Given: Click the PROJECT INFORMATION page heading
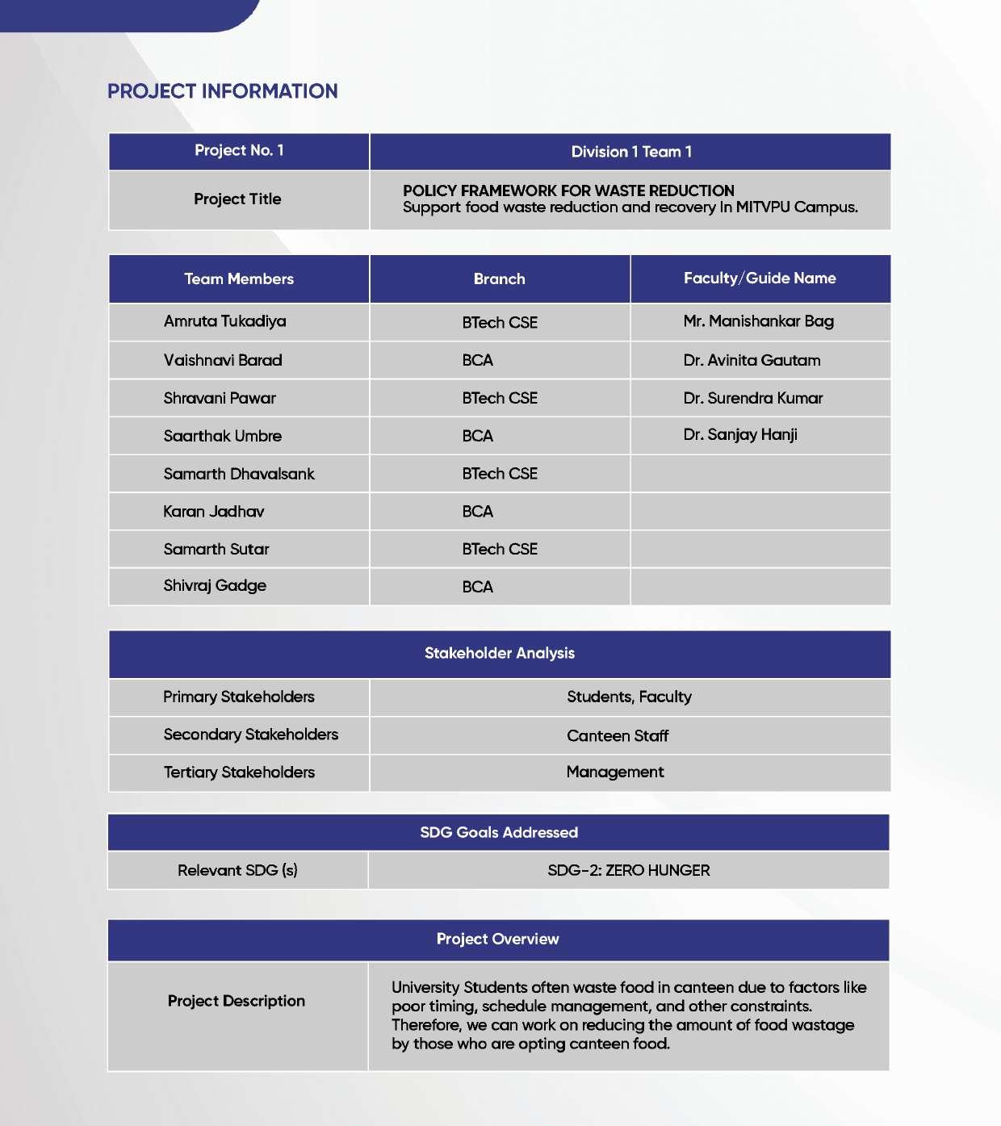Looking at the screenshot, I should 222,91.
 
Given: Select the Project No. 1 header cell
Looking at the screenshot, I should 239,151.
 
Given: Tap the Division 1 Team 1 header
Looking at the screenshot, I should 630,152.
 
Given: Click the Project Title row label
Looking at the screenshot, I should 237,199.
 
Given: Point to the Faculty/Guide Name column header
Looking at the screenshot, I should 760,278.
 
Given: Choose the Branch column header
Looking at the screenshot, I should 499,279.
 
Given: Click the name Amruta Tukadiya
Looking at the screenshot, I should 224,321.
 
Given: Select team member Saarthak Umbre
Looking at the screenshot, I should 222,436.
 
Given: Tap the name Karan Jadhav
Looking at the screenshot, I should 213,512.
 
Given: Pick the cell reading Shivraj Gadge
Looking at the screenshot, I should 215,586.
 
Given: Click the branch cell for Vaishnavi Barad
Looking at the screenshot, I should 478,360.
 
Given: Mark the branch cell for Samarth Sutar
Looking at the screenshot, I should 500,550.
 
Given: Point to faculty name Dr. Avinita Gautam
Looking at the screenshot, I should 752,360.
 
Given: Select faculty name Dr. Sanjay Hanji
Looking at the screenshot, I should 740,435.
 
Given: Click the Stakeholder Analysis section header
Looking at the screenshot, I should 500,654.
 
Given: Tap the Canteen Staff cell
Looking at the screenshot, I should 618,736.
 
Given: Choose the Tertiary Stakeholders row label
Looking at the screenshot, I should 239,772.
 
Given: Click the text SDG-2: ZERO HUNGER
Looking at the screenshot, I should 629,871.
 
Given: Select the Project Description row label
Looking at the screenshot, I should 237,1001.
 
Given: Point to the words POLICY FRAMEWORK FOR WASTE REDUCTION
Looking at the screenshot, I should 568,190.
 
